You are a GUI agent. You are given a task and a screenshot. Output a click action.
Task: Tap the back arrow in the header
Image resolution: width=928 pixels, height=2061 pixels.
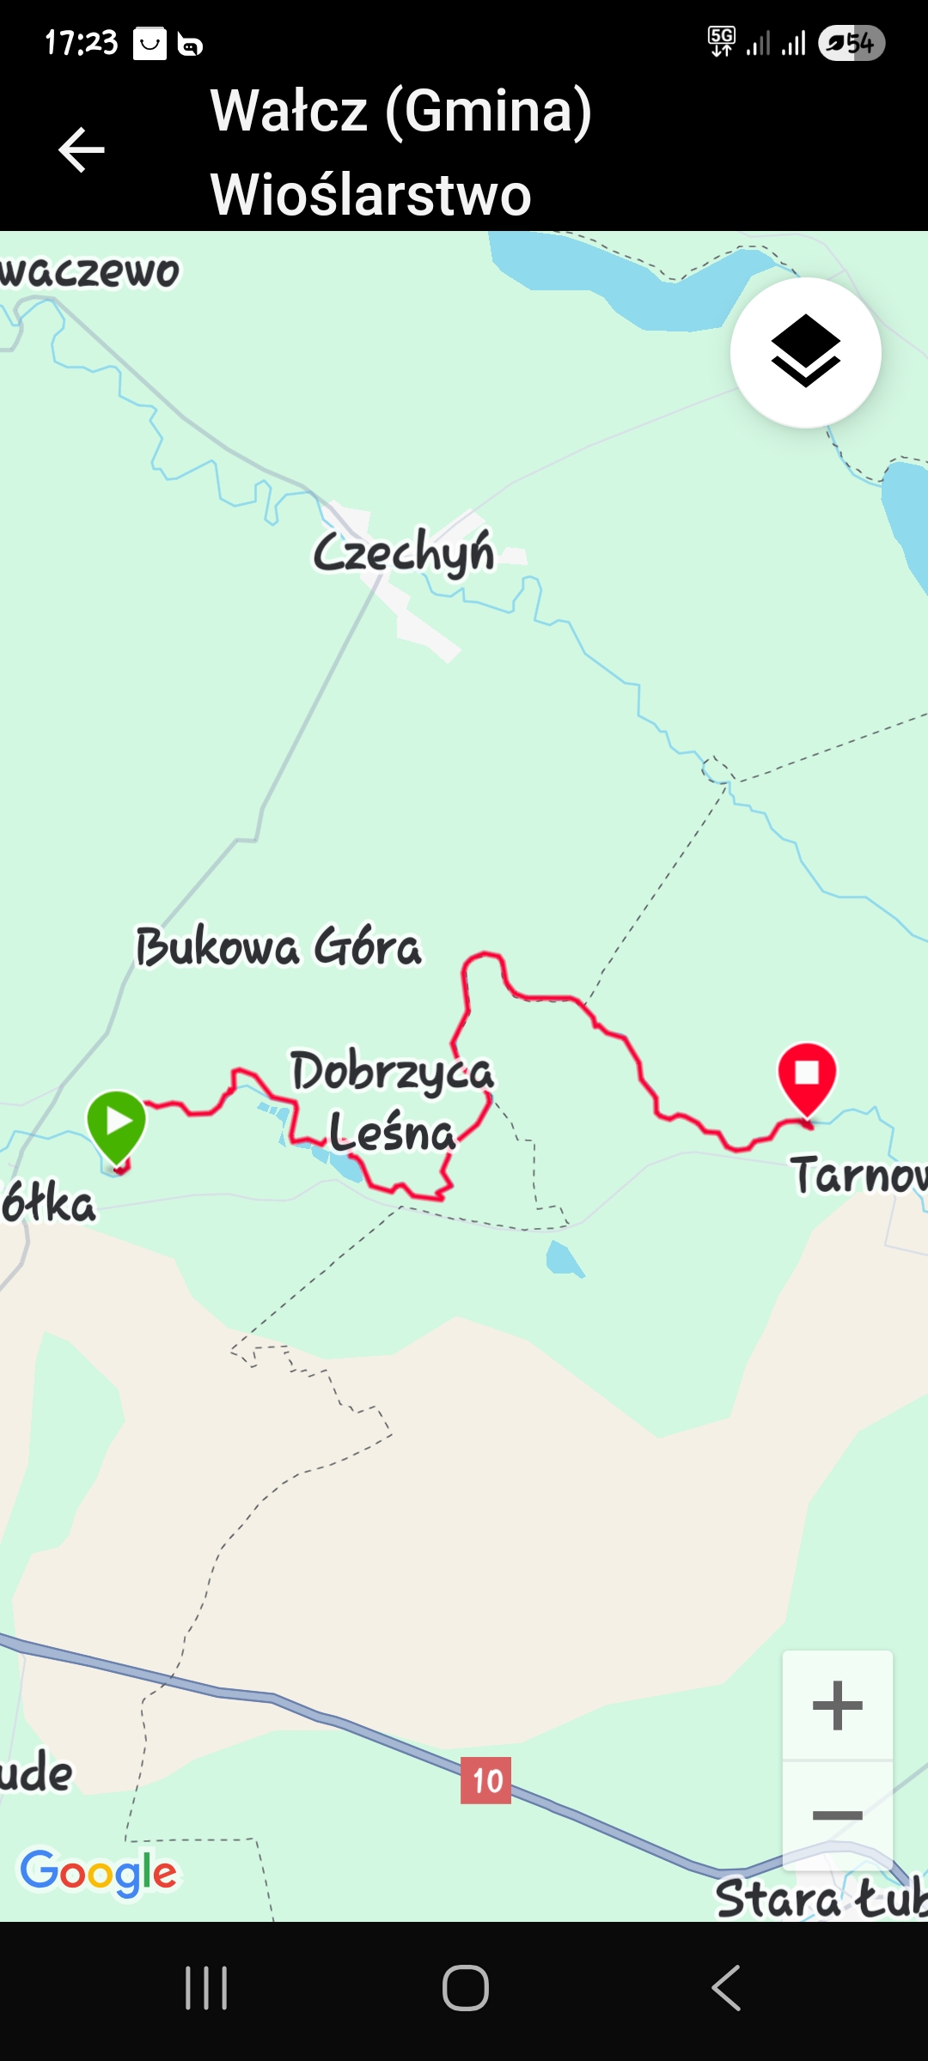pyautogui.click(x=82, y=150)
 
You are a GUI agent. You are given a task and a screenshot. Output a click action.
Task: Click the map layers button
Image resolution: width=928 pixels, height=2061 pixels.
pyautogui.click(x=805, y=352)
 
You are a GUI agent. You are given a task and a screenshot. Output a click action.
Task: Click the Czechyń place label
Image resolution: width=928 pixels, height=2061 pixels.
pyautogui.click(x=404, y=552)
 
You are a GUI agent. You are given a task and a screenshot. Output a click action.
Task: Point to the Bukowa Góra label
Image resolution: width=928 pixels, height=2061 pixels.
pyautogui.click(x=278, y=946)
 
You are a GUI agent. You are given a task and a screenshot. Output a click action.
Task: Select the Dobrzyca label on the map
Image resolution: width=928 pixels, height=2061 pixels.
pyautogui.click(x=392, y=1072)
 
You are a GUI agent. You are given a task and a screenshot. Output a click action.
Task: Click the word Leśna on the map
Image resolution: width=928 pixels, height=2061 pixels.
pyautogui.click(x=392, y=1132)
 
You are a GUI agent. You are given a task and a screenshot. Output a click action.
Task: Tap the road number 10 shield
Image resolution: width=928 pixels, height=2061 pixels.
pyautogui.click(x=486, y=1780)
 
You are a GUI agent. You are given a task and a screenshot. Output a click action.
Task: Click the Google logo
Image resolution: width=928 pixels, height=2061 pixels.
pyautogui.click(x=99, y=1872)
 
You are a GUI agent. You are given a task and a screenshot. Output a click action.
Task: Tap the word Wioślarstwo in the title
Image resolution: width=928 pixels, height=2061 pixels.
pyautogui.click(x=370, y=194)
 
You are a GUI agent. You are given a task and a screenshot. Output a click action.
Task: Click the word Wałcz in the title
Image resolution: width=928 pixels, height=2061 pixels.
pyautogui.click(x=290, y=111)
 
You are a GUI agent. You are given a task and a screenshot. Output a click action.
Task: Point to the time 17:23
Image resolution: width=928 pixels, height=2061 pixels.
pyautogui.click(x=81, y=42)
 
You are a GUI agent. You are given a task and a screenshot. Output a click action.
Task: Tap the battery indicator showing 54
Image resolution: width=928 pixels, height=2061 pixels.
pyautogui.click(x=852, y=43)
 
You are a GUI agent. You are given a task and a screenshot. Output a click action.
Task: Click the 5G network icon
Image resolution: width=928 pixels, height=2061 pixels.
pyautogui.click(x=721, y=40)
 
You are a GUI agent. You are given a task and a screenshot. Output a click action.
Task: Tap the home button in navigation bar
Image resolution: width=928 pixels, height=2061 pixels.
pyautogui.click(x=465, y=1988)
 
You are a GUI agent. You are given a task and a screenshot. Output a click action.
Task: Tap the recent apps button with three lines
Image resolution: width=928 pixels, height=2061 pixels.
pyautogui.click(x=206, y=1988)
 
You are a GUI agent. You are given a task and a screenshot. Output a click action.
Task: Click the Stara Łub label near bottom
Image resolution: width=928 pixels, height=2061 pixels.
pyautogui.click(x=821, y=1898)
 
